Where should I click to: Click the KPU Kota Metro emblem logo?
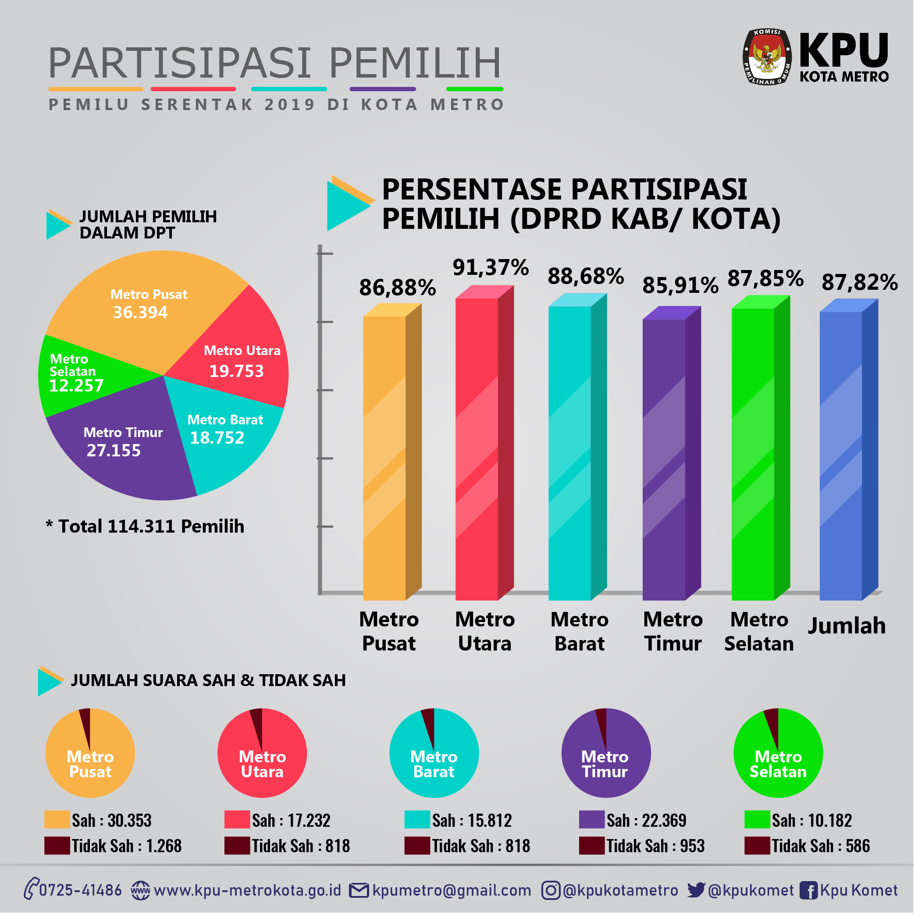coord(766,57)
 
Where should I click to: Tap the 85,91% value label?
coord(680,285)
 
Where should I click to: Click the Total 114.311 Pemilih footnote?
coord(145,526)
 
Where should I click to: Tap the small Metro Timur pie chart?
coord(606,753)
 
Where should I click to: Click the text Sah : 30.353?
coord(112,820)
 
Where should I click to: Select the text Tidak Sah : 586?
coord(821,846)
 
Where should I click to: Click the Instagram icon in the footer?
coord(551,890)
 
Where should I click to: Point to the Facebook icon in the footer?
coord(808,890)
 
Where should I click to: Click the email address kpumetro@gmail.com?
coord(452,890)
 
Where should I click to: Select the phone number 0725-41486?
coord(80,890)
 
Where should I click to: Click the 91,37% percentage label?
coord(491,267)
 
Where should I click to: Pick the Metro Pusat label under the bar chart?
coord(389,632)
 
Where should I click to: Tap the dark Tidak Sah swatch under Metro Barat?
coord(417,846)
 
